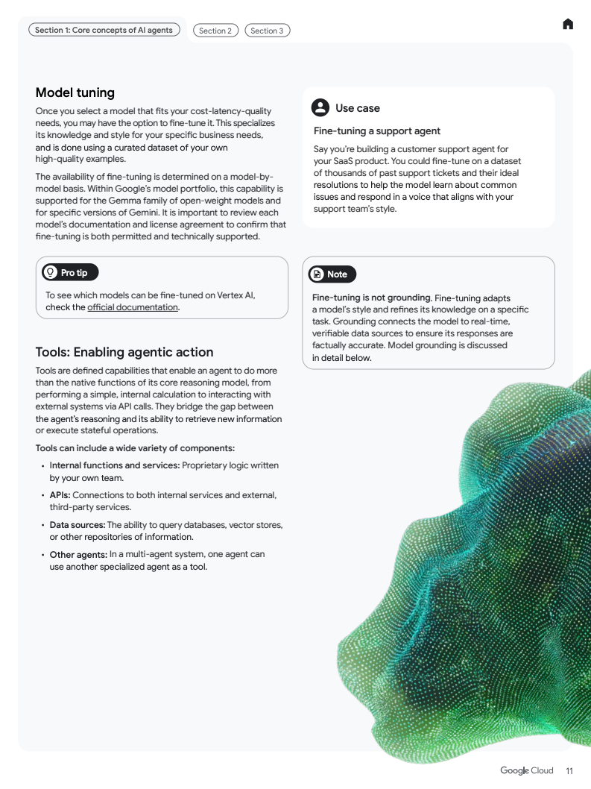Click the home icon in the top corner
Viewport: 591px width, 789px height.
[568, 25]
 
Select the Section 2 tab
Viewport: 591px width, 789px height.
[215, 31]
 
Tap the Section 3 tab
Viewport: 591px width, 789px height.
[267, 31]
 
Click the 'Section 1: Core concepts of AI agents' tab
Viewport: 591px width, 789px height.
[104, 31]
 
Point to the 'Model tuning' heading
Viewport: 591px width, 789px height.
[75, 92]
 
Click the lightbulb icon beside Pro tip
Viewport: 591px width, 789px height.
[51, 272]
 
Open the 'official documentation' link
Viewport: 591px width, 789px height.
[133, 307]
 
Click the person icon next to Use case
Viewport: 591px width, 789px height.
[320, 108]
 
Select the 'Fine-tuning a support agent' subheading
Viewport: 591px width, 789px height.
[377, 131]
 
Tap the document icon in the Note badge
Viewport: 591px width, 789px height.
[317, 274]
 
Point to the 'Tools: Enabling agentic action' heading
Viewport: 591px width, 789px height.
[124, 352]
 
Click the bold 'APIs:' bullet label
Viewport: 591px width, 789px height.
[60, 495]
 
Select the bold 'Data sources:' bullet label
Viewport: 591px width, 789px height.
[78, 525]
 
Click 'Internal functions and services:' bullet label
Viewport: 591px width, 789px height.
[115, 465]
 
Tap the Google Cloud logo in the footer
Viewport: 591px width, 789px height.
[527, 770]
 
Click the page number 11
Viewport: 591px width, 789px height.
[569, 771]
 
